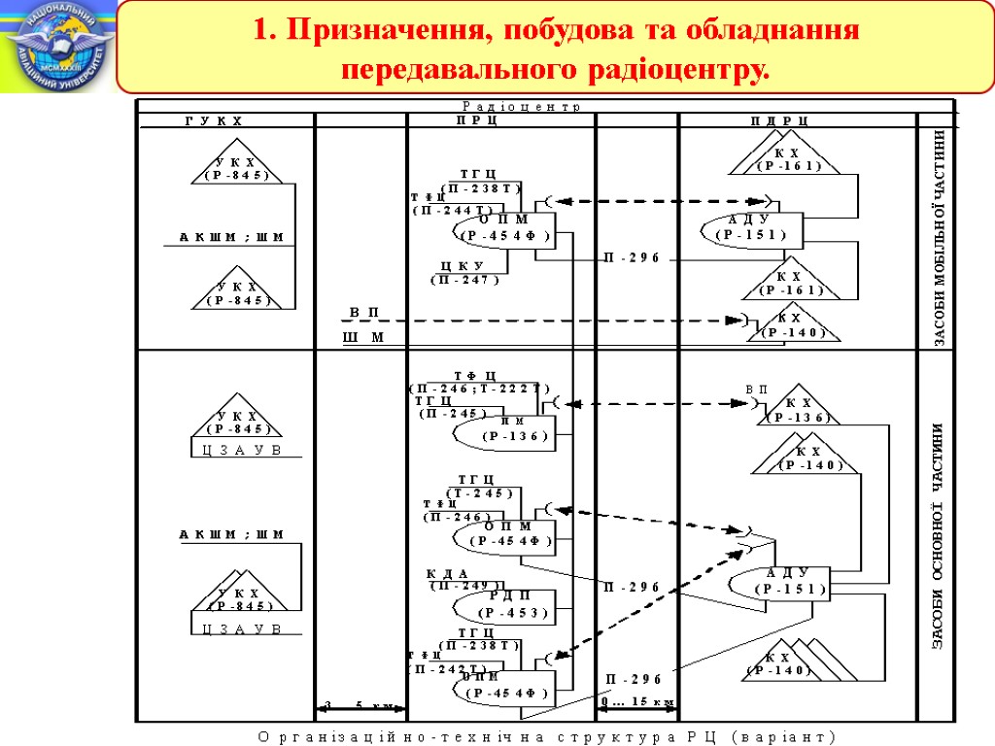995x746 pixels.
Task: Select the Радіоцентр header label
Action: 522,106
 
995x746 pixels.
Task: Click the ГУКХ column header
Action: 214,121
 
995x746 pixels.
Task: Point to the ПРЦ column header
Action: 477,121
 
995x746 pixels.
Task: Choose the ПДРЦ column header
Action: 779,121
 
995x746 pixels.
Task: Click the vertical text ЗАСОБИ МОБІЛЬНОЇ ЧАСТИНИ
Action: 940,239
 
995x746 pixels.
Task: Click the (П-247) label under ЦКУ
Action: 464,280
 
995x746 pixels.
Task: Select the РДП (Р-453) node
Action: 511,604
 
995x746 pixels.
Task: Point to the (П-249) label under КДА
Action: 464,585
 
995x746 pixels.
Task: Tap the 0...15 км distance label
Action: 636,701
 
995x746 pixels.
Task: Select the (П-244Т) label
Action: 453,209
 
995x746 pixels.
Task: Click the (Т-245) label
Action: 479,492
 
